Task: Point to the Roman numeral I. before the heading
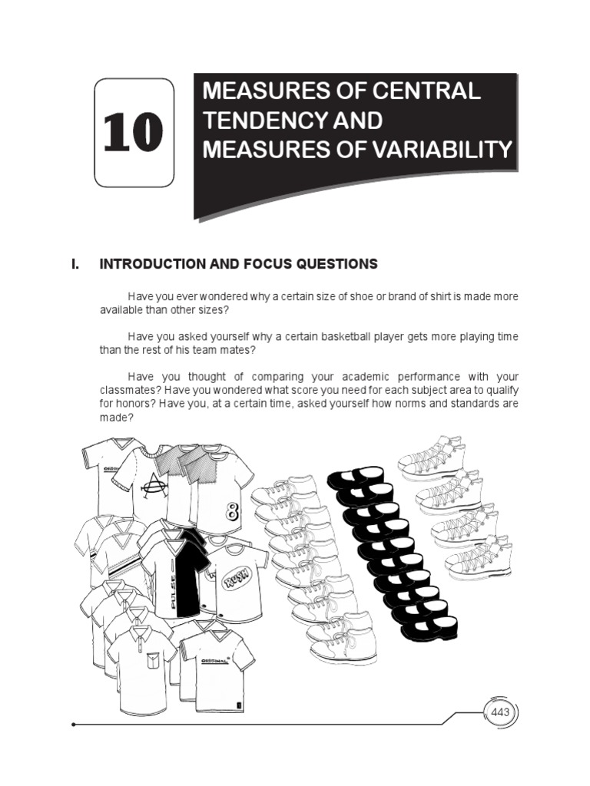pos(75,264)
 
